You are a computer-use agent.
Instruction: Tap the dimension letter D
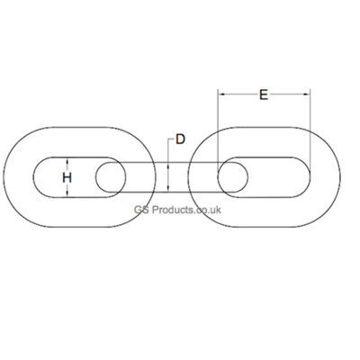(x=180, y=139)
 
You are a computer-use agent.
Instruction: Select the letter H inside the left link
(x=67, y=178)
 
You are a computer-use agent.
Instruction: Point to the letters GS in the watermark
(x=139, y=210)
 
